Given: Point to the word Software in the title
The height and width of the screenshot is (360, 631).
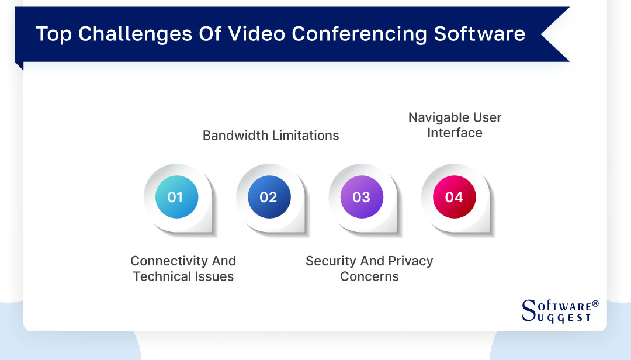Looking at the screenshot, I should point(479,34).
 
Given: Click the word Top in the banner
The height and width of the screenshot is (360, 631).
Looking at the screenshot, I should point(54,34).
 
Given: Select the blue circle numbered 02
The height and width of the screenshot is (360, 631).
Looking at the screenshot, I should point(269,197).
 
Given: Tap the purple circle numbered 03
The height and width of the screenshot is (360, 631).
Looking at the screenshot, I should point(362,197).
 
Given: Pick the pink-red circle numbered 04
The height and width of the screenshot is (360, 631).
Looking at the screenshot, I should point(454,197).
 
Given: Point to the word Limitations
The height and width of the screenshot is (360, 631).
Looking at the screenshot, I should point(306,136).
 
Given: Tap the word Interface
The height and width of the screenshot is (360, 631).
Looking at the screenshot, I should point(455,133).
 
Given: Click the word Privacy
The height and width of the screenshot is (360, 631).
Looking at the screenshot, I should point(410,261).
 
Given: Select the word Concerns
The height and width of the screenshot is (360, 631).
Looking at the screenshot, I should point(369,276).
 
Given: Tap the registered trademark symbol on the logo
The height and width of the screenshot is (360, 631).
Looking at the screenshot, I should point(595,304).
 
